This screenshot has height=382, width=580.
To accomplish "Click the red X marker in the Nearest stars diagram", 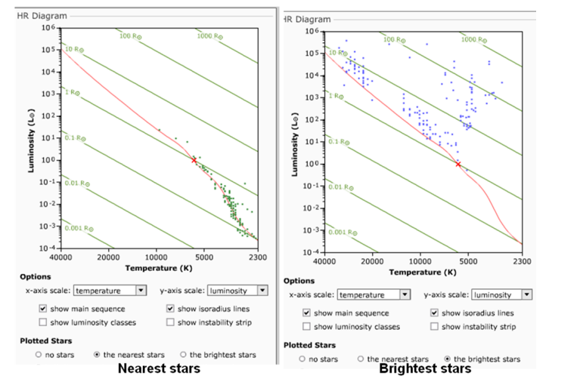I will coord(194,160).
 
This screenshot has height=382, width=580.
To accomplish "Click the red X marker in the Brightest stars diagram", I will coord(457,164).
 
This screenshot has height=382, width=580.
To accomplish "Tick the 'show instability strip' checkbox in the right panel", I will coord(435,327).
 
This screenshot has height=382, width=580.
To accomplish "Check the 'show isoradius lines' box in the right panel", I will coord(435,313).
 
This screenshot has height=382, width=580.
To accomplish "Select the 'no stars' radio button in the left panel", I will coord(39,354).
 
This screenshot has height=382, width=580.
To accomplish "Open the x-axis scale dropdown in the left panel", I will coord(140,290).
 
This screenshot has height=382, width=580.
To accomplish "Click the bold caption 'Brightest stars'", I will coord(425,369).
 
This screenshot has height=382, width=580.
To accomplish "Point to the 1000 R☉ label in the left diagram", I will coord(209,35).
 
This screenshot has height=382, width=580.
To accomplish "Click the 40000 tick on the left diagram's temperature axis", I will coord(60,257).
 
